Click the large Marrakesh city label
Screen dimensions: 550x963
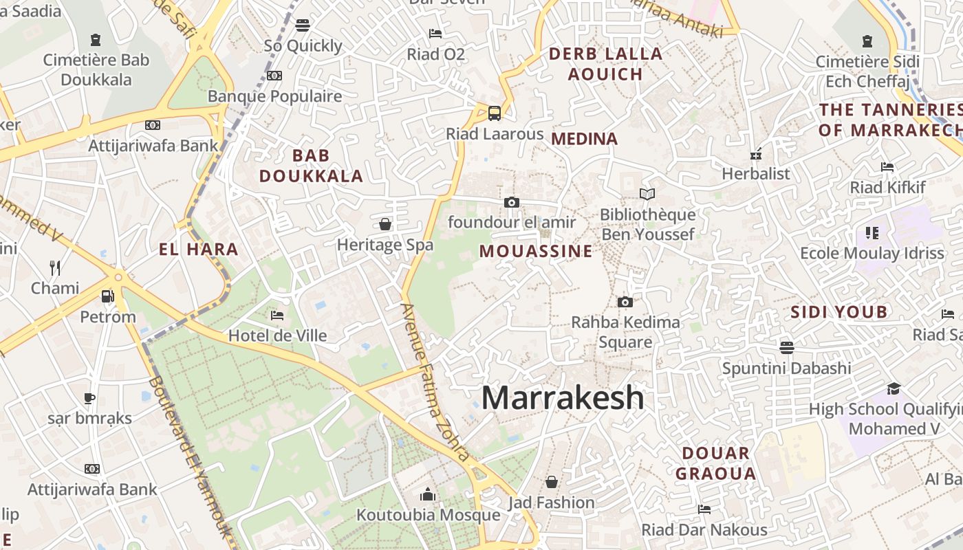tap(563, 398)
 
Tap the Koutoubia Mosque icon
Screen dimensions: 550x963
tap(428, 494)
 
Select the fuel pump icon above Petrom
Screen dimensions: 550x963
tap(107, 296)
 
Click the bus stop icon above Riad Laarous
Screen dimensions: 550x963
tap(494, 113)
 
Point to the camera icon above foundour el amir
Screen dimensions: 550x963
tap(511, 202)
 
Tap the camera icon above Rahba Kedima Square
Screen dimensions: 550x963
tap(625, 302)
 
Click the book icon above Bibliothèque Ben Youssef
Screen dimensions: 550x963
tap(647, 194)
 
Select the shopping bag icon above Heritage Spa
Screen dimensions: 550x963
tap(385, 224)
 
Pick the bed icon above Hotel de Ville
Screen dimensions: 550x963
tap(277, 316)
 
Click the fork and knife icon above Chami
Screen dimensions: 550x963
tap(55, 267)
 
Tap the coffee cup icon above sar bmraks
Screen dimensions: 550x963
tap(89, 397)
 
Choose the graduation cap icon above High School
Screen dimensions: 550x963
tap(894, 388)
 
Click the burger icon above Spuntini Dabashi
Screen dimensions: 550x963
tap(787, 347)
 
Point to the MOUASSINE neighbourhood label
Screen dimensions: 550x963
tap(536, 251)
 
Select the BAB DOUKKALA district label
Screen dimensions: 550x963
tap(311, 166)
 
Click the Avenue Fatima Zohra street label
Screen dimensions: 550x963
tap(435, 382)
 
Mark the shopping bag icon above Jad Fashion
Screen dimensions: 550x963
tap(551, 482)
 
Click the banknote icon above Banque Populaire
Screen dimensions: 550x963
tap(274, 76)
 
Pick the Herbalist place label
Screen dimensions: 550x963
tap(756, 174)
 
